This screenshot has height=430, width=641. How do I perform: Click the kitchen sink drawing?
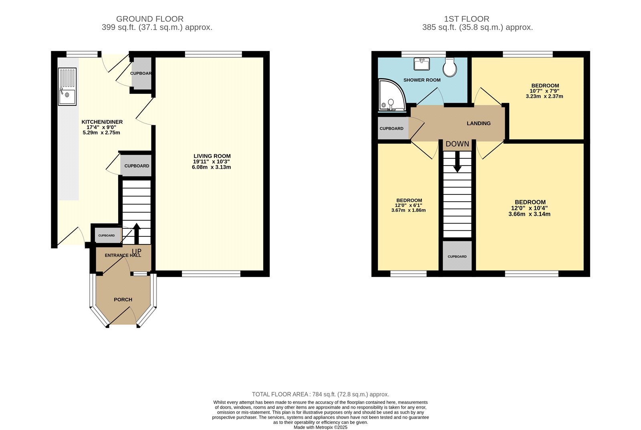(x=67, y=87)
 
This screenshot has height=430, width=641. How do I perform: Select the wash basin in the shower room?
(x=422, y=64)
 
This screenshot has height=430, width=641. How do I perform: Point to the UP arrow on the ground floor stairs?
(x=136, y=232)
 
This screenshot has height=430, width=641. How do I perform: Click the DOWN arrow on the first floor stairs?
(x=457, y=164)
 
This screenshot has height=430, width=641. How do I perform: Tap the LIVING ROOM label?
(x=212, y=156)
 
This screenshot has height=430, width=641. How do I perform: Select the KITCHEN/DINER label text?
(x=102, y=122)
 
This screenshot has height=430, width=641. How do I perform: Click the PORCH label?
(x=123, y=300)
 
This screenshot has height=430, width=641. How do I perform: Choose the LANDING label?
(x=478, y=123)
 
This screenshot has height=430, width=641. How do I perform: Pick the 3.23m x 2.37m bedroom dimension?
(x=544, y=96)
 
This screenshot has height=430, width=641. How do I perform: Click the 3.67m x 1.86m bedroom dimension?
(x=409, y=210)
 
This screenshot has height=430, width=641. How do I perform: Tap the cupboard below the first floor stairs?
(x=457, y=256)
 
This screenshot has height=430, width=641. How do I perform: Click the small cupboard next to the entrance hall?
(x=107, y=236)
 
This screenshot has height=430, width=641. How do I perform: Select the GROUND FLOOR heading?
(x=150, y=19)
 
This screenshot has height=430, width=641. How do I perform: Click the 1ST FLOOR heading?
(x=466, y=19)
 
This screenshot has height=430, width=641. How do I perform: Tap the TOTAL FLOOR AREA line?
(x=320, y=394)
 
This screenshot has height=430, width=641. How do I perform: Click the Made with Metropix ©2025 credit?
(x=320, y=427)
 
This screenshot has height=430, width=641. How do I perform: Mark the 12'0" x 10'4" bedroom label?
(x=530, y=208)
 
